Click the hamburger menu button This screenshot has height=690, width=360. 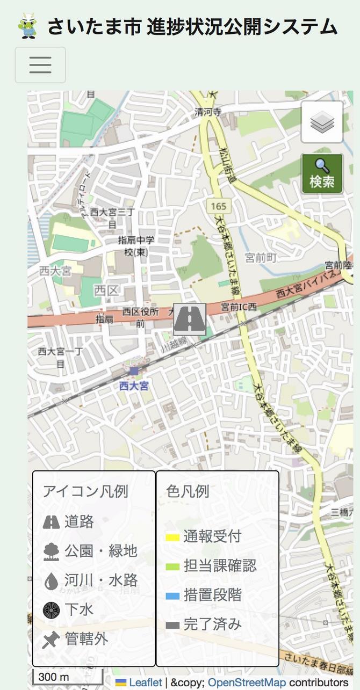coord(40,65)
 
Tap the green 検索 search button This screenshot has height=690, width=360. coord(322,173)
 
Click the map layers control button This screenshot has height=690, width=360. coord(322,122)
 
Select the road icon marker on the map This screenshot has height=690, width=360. coord(190,319)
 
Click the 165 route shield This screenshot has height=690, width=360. coord(219,205)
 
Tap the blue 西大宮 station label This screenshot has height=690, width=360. coord(134,386)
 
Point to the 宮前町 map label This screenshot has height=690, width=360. coord(261,258)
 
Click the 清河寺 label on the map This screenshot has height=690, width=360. coord(208,113)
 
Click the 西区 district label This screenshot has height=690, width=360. coord(105,290)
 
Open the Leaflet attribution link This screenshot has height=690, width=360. coord(145,682)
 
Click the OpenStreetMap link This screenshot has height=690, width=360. coord(247,682)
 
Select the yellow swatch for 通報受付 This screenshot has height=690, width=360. coord(172,537)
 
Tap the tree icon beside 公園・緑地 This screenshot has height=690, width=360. coord(51,551)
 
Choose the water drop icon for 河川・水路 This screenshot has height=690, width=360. coord(51,581)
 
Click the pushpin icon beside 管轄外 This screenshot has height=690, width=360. coord(51,640)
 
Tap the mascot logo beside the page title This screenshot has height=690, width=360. coord(28,26)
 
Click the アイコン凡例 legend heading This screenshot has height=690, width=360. coord(85,491)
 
